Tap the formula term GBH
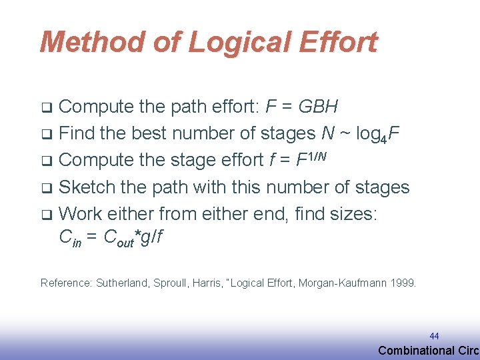[x=318, y=107]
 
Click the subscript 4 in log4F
[x=385, y=139]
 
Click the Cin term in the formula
[x=71, y=238]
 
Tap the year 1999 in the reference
[x=403, y=283]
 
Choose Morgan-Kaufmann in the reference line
[x=341, y=283]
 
